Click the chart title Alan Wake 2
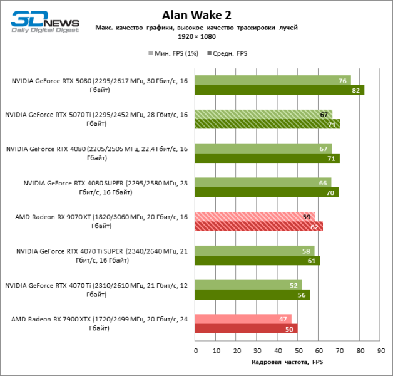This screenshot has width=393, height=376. (196, 14)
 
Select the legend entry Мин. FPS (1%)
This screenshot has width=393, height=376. (173, 54)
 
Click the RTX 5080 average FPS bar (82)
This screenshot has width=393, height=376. (279, 90)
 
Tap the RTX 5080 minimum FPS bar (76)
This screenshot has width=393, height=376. (273, 81)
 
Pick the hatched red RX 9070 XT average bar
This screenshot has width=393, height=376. (258, 226)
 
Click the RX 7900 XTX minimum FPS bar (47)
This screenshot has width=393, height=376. (243, 319)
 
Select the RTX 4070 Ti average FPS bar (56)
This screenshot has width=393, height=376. (252, 295)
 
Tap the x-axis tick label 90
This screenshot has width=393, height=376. (380, 351)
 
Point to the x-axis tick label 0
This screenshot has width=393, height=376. (195, 351)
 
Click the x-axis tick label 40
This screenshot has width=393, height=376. (277, 351)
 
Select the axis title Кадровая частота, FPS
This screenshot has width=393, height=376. (288, 362)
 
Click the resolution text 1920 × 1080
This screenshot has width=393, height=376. (196, 37)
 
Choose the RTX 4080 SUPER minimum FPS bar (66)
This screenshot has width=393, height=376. (263, 182)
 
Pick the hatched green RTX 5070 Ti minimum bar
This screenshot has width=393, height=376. (263, 115)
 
